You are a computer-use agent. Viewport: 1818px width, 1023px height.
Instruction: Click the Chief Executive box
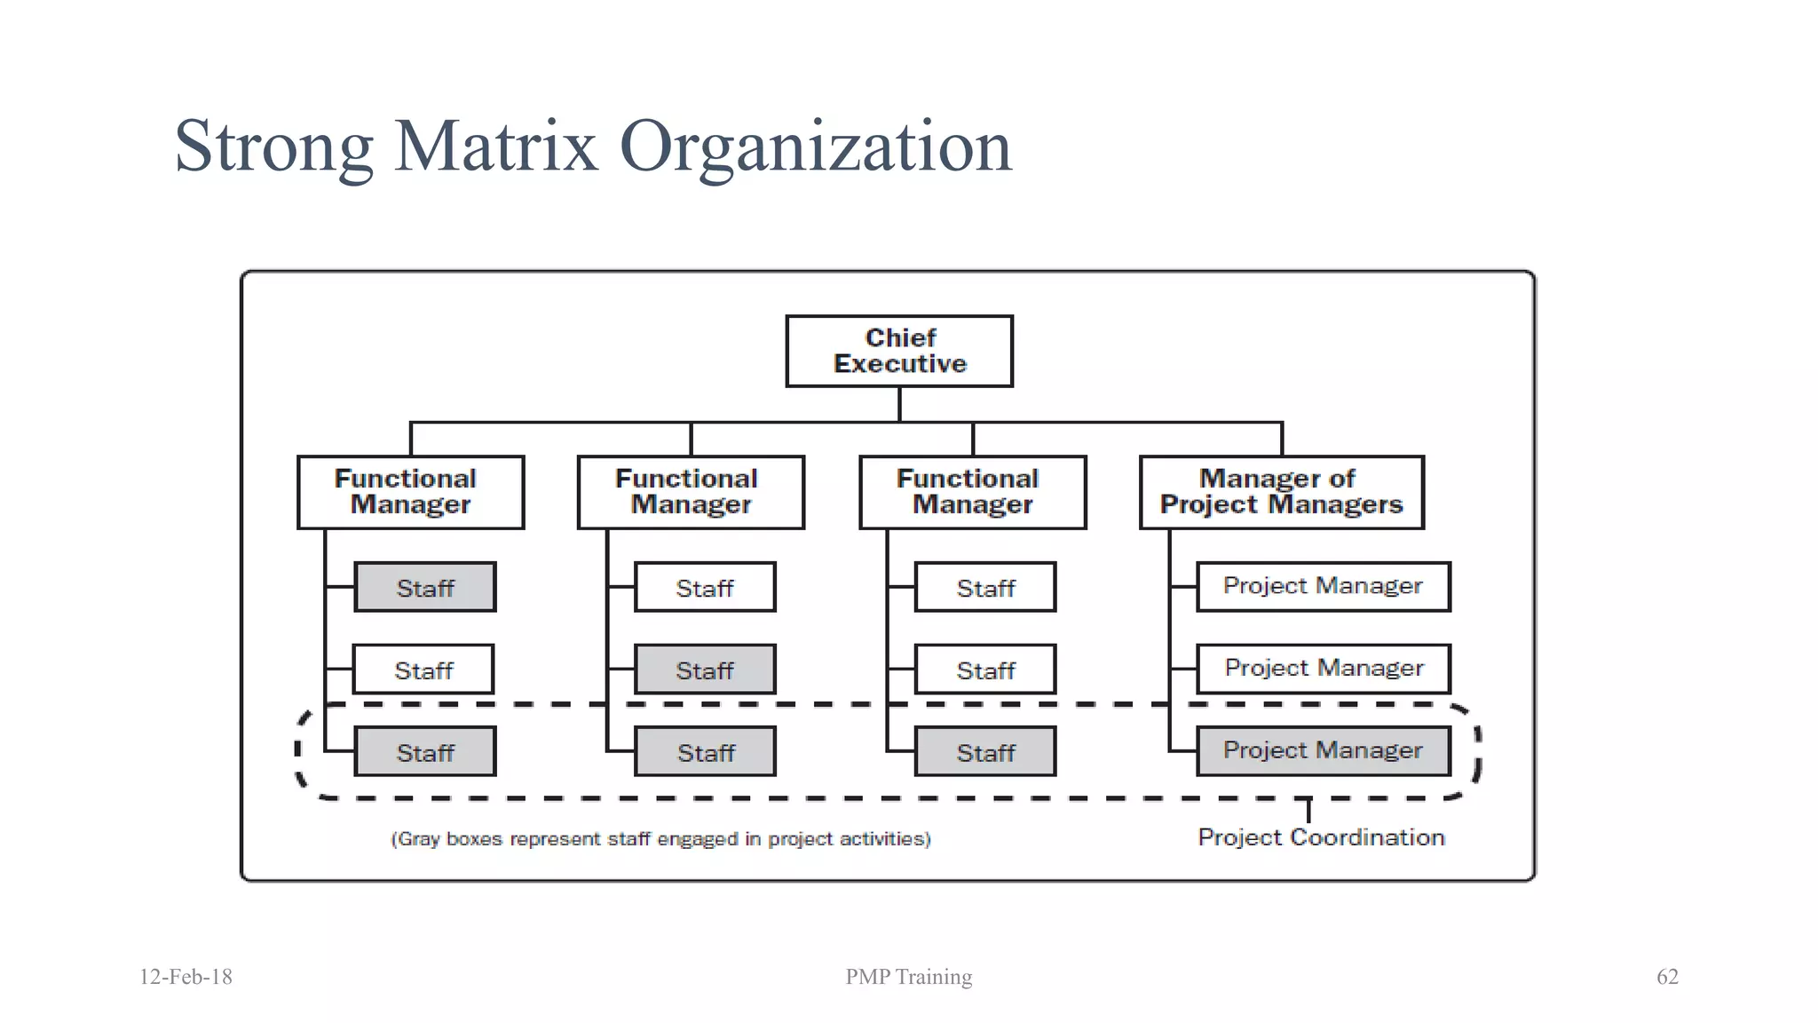pos(899,351)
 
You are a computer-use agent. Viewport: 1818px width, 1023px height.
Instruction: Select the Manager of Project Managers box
pos(1281,492)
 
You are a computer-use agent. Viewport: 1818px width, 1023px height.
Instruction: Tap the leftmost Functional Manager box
pos(410,492)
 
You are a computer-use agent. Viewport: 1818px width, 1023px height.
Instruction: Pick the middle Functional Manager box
pos(691,492)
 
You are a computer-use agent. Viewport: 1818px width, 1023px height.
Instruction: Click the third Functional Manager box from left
pos(972,492)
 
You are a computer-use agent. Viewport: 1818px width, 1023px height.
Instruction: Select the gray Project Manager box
pos(1323,751)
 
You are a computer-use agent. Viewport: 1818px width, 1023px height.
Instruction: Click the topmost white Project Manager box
pos(1323,586)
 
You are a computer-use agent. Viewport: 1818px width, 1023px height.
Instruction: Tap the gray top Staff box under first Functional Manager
pos(425,587)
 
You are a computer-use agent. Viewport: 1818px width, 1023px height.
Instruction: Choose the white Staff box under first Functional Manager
pos(423,670)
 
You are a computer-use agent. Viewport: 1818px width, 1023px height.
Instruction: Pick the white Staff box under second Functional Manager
pos(705,587)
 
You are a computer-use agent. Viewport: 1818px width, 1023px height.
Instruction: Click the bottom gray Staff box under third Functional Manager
pos(985,752)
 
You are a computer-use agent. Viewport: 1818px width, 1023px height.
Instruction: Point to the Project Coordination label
pos(1321,837)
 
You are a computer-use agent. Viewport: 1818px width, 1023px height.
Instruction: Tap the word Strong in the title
pos(273,147)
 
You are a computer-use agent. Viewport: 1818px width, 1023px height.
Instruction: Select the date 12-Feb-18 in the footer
pos(186,977)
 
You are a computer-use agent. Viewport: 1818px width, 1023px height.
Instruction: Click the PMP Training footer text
pos(908,977)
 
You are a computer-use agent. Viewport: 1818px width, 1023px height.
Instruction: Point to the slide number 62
pos(1667,977)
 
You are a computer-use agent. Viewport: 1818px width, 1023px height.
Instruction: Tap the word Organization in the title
pos(815,147)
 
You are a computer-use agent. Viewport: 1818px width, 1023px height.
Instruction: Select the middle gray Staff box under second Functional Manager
pos(705,670)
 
